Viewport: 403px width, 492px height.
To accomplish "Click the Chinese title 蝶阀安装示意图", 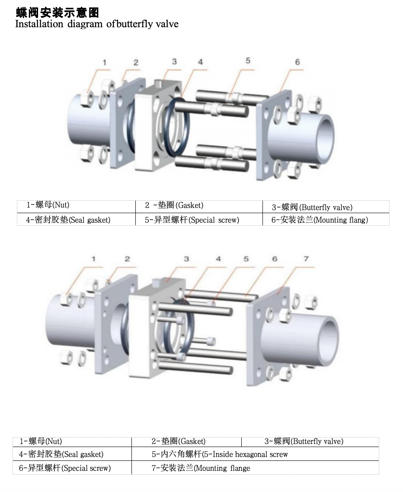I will coord(58,13).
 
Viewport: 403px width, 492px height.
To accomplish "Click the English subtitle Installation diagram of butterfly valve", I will coord(97,24).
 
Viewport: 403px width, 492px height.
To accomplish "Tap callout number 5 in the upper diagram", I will coord(248,61).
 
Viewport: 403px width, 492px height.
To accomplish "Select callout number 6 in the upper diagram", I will coord(297,62).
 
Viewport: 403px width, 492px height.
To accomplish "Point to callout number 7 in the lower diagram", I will coord(306,259).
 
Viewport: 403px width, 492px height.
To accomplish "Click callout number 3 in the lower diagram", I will coord(186,259).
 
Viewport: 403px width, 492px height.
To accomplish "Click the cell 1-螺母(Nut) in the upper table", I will coord(48,205).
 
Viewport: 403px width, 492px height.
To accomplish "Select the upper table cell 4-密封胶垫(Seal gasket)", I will coord(68,220).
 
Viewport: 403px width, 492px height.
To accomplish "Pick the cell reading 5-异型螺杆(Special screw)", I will coord(192,220).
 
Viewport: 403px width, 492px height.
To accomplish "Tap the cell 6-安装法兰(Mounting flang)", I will coord(320,220).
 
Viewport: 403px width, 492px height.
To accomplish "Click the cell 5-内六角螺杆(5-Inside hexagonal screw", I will coord(220,454).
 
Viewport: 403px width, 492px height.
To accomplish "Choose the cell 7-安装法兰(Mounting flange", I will coord(201,468).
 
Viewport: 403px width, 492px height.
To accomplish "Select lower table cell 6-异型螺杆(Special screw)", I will coord(65,468).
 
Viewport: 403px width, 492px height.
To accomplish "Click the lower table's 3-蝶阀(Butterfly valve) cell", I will coord(304,441).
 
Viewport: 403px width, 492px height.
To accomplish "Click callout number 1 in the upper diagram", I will coord(104,63).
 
